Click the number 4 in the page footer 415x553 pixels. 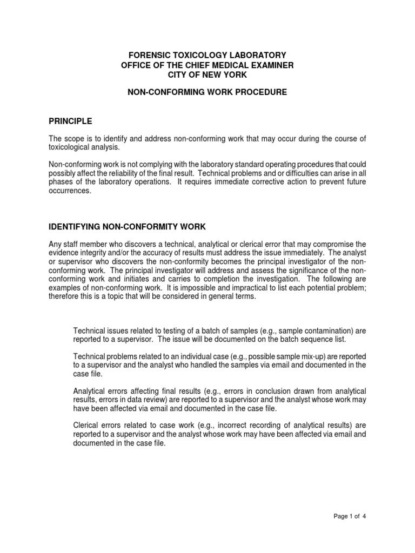pyautogui.click(x=365, y=516)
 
